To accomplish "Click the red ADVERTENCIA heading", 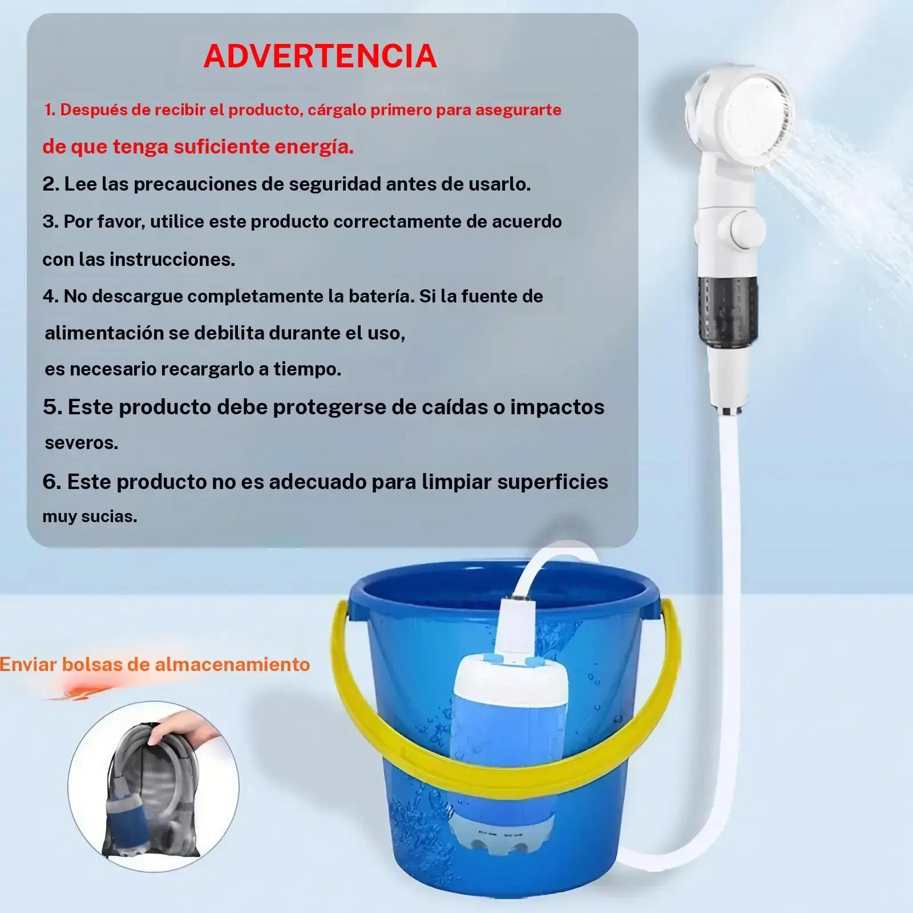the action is [x=320, y=56].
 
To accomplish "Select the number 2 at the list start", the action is [x=50, y=184].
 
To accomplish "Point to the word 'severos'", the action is [x=82, y=443].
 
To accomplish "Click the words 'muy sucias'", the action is [x=90, y=517].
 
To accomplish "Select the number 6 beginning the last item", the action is [x=51, y=482].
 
